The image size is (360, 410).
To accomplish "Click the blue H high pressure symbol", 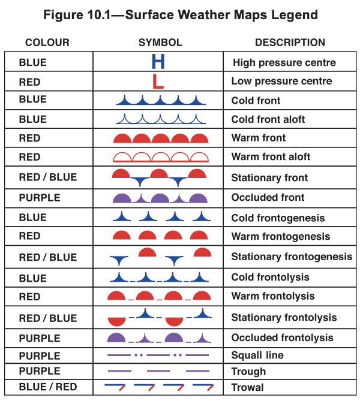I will point(158,62).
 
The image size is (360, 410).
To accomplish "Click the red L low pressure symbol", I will point(158,81).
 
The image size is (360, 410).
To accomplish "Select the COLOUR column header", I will point(47,43).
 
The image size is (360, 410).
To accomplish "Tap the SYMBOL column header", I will point(160,43).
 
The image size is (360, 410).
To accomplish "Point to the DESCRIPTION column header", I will point(290,43).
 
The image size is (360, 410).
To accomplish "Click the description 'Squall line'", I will point(257,355).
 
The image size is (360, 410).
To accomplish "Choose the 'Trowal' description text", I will point(247,387).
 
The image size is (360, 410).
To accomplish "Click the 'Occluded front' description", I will point(268,197).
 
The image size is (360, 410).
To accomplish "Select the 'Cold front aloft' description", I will point(268,119).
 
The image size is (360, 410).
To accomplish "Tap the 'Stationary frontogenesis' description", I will point(292,257).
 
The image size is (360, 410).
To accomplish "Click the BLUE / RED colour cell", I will point(48,387).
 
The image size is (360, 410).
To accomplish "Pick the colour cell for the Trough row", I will point(40,372).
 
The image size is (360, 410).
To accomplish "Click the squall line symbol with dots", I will point(158,355).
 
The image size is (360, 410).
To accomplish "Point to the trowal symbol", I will point(158,387).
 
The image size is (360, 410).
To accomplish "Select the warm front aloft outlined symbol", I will point(160,157).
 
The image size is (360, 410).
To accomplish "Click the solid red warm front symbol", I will point(160,138).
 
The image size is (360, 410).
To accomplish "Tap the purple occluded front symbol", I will point(160,197).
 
